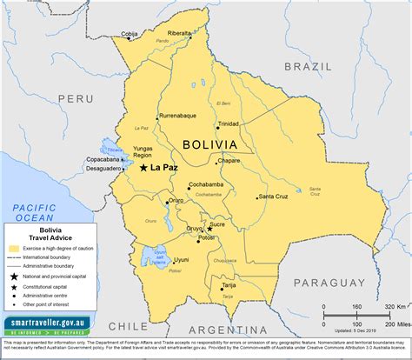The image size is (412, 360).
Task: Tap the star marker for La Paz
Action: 143,167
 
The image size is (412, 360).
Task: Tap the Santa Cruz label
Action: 274,196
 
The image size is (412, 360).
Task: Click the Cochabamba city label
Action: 207,184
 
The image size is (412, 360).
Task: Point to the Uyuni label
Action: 181,259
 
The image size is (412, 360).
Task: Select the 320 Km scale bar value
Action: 390,306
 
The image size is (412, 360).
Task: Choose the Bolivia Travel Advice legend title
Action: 43,233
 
